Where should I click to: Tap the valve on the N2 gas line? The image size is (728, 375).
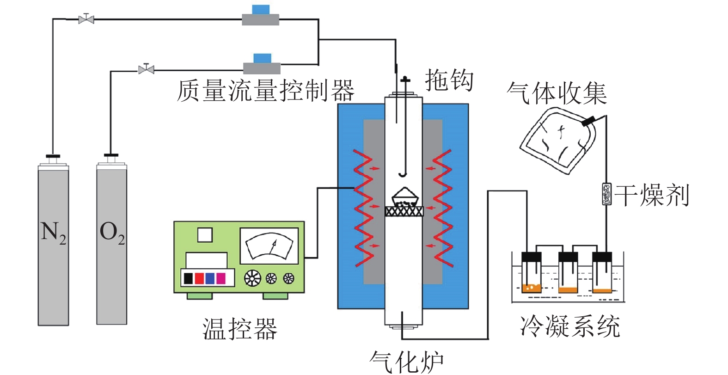(86, 19)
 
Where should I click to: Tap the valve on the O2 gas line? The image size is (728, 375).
(146, 69)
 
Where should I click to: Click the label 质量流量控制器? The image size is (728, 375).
(265, 91)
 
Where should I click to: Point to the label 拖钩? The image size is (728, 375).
(449, 80)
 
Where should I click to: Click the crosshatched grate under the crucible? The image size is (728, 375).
(404, 211)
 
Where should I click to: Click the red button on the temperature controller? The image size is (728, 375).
(199, 278)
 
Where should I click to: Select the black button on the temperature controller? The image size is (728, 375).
(188, 278)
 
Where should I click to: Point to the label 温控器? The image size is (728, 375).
(240, 329)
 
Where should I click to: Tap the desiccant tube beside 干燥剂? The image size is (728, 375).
(606, 194)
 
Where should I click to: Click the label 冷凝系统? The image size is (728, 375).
(569, 326)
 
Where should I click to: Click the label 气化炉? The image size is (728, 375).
(407, 362)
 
